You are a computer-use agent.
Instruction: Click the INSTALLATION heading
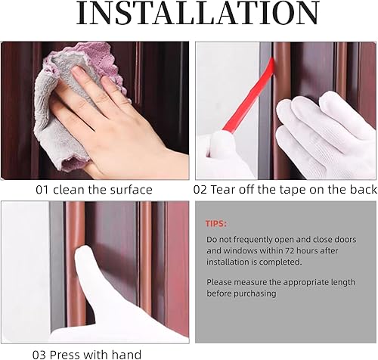(x=189, y=14)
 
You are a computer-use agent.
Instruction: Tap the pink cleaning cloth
(x=57, y=83)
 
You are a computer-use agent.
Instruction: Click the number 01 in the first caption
(x=42, y=190)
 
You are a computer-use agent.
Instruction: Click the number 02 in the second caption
(x=202, y=190)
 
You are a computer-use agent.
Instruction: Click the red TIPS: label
(x=215, y=224)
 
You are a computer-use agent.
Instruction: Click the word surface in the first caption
(x=132, y=190)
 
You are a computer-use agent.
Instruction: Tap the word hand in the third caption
(x=126, y=353)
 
